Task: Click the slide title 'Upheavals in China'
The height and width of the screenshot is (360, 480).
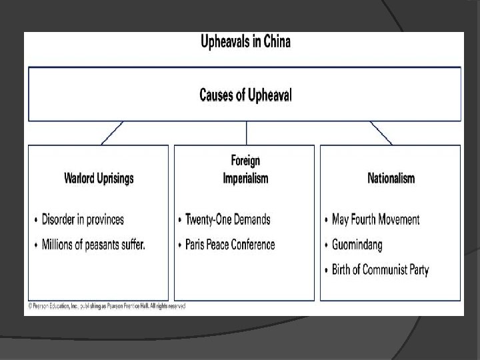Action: click(x=245, y=43)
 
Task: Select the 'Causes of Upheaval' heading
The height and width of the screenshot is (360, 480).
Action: click(x=245, y=95)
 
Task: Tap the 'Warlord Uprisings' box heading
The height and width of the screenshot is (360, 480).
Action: click(x=99, y=178)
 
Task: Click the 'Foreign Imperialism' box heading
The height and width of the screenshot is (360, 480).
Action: click(x=245, y=169)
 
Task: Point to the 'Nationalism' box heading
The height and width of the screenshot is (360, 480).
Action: click(x=391, y=178)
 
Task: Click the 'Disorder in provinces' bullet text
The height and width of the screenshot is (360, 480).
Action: click(x=83, y=219)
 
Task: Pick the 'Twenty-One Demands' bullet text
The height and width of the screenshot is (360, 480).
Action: click(x=227, y=219)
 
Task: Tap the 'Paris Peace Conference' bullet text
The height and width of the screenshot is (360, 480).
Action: click(x=229, y=245)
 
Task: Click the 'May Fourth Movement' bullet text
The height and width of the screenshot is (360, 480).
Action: click(x=375, y=219)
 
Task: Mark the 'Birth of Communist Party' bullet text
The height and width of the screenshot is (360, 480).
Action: click(x=380, y=270)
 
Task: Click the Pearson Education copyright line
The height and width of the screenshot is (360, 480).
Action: click(x=105, y=306)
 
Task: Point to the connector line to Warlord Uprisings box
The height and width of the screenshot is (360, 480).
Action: click(x=112, y=133)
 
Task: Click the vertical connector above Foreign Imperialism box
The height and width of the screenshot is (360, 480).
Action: click(x=246, y=133)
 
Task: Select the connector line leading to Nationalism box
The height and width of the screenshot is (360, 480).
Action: click(x=381, y=133)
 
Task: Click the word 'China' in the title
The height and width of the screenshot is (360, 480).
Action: click(x=275, y=43)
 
